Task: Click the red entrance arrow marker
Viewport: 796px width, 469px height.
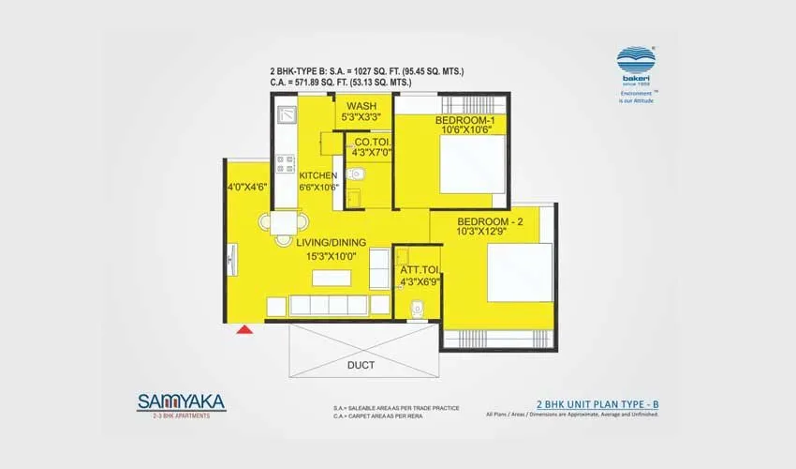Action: tap(245, 328)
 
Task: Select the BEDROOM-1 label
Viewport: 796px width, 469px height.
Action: tap(464, 122)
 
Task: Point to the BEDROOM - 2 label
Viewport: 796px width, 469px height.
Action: tap(496, 221)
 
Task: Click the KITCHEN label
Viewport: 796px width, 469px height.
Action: tap(318, 175)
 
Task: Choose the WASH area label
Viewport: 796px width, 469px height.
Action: tap(361, 106)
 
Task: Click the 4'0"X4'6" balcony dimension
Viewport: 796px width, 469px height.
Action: tap(247, 187)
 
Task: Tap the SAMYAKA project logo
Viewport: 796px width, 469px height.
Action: tap(181, 403)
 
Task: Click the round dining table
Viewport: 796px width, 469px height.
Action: tap(284, 224)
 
